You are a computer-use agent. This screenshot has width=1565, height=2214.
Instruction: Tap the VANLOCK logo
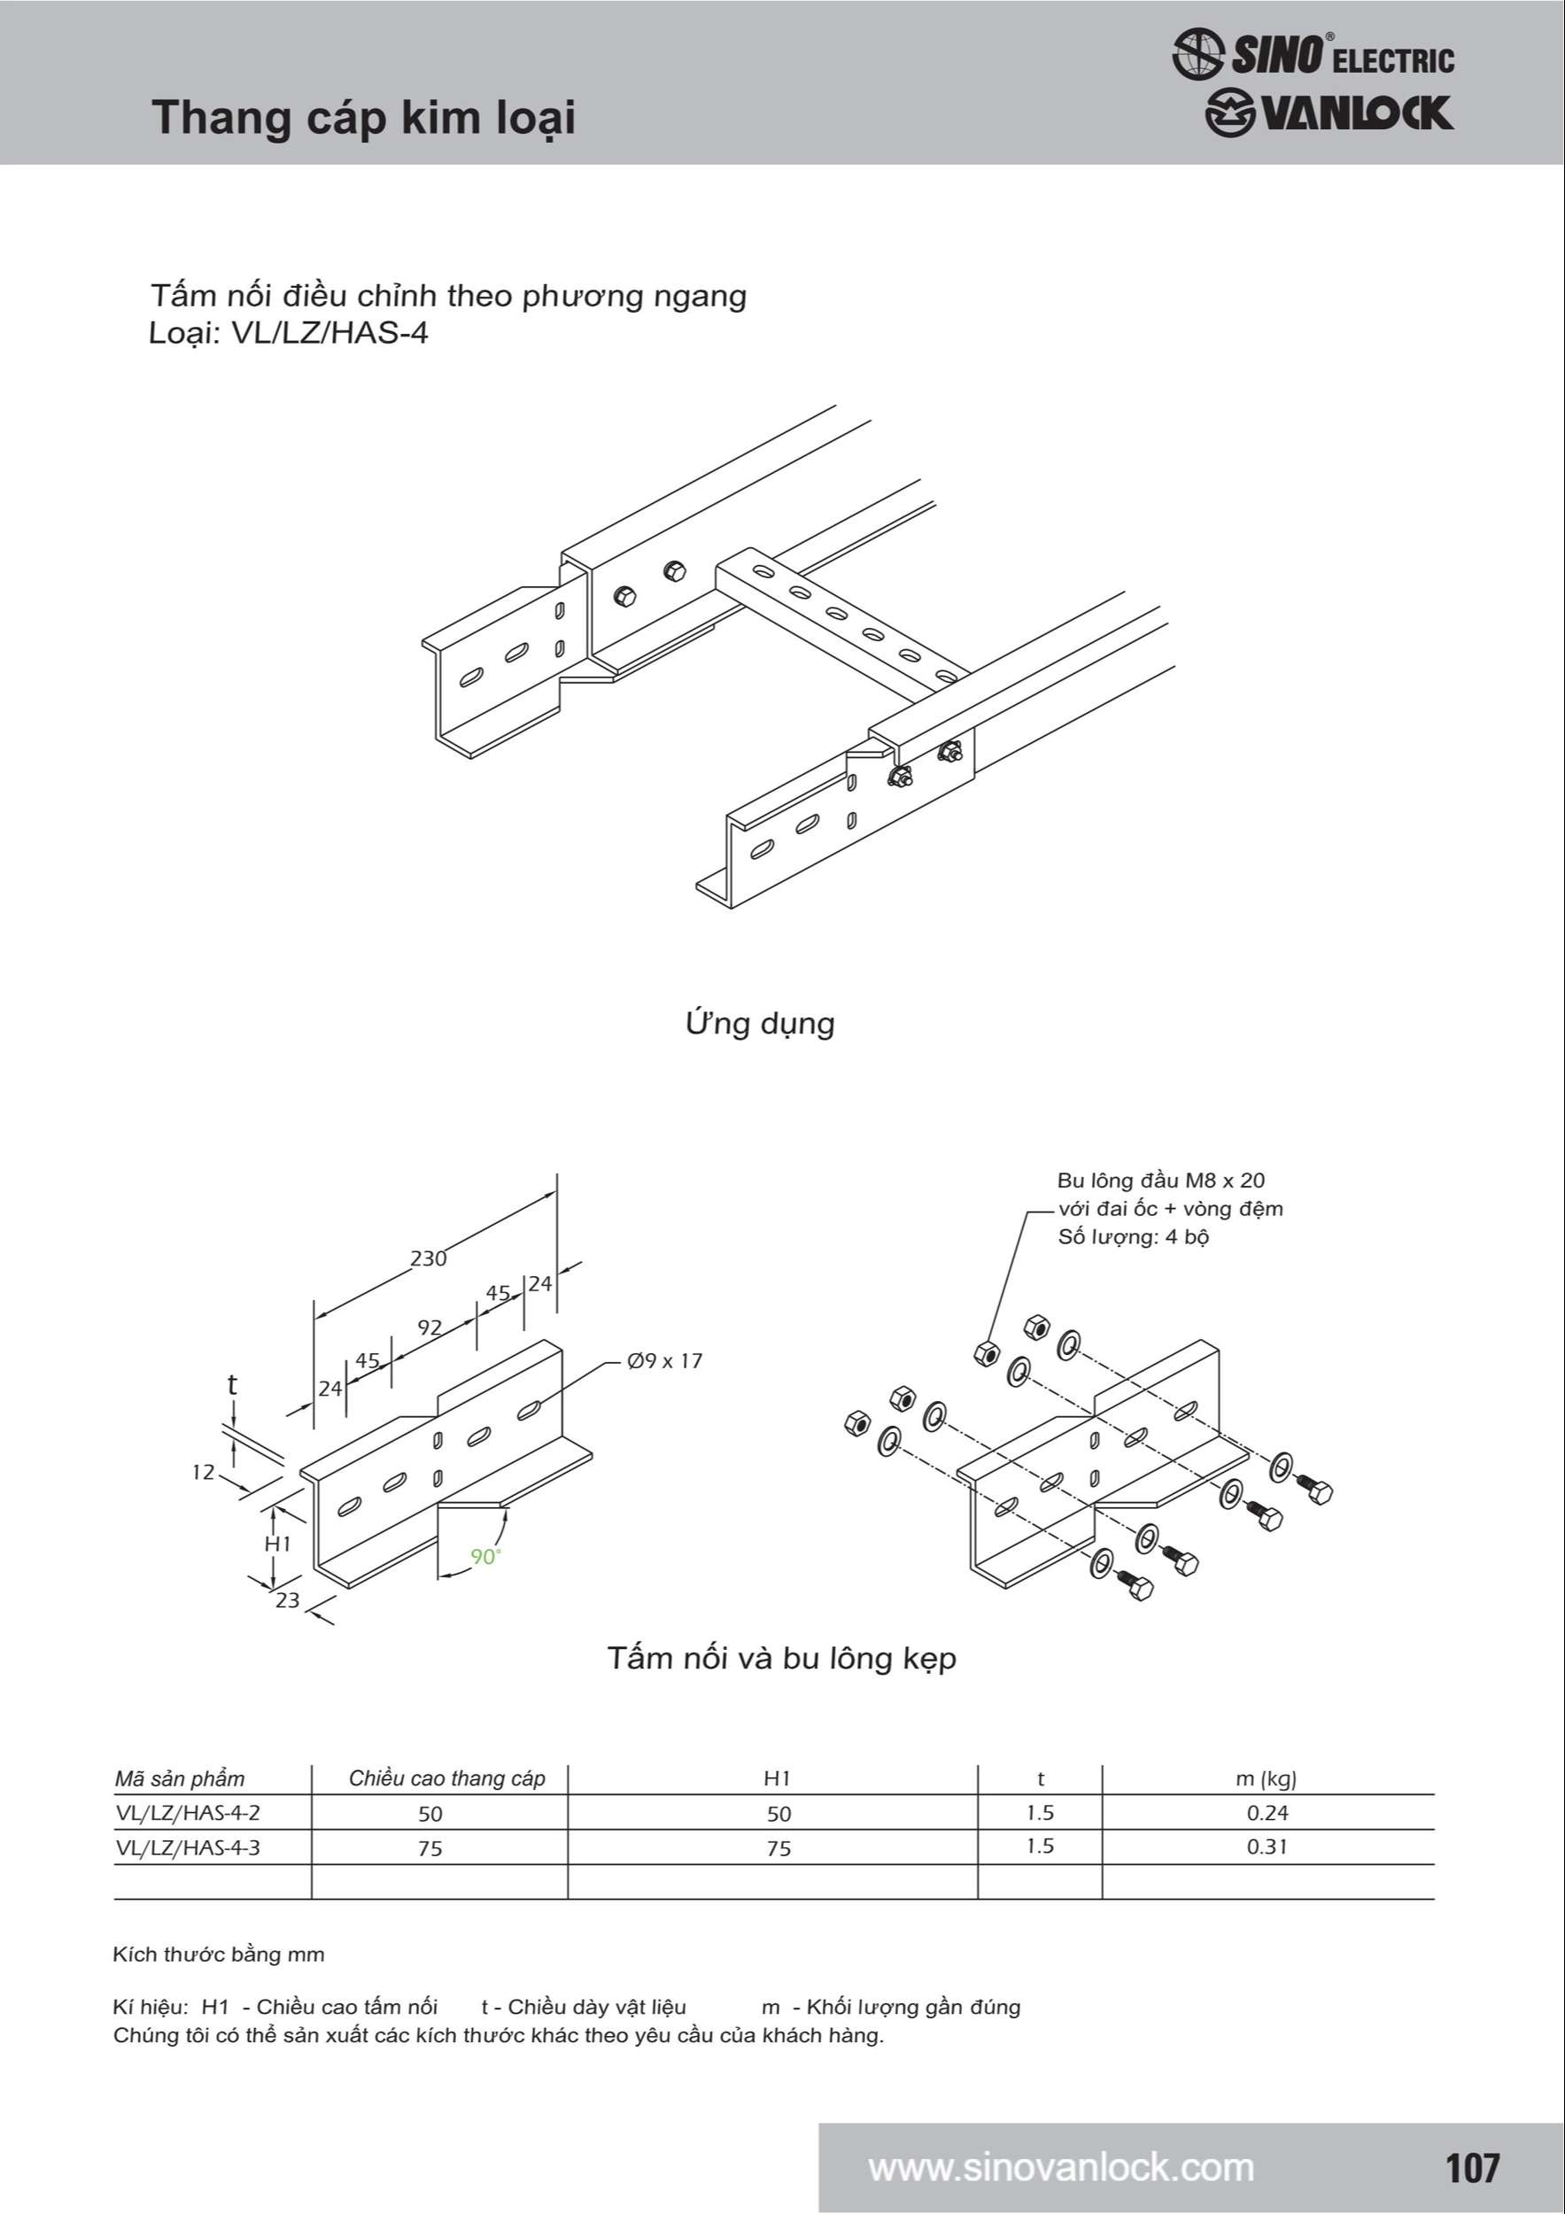[x=1329, y=112]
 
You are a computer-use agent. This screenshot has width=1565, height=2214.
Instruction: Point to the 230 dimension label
[x=428, y=1258]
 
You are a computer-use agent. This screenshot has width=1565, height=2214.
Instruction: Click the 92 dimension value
[x=429, y=1328]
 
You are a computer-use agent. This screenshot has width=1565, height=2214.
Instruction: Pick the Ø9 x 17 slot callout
[x=664, y=1360]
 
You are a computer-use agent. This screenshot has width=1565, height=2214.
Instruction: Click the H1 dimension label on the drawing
[x=278, y=1544]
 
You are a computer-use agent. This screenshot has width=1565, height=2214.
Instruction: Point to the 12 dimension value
[x=203, y=1473]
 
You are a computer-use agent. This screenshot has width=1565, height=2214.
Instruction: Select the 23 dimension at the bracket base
[x=287, y=1599]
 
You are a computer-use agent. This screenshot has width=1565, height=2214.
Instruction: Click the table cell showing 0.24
[x=1267, y=1813]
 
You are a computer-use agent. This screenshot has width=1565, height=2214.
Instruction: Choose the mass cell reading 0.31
[x=1267, y=1846]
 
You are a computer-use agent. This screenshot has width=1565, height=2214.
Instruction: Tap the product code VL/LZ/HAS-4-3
[x=188, y=1847]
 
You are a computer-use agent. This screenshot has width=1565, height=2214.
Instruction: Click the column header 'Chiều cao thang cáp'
[x=446, y=1779]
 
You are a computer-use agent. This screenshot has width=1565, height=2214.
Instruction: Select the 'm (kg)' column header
[x=1266, y=1779]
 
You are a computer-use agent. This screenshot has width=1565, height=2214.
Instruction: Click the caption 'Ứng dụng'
[x=760, y=1023]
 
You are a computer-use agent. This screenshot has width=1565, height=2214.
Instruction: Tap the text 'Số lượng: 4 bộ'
[x=1133, y=1237]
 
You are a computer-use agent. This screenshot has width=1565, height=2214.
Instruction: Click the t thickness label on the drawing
[x=231, y=1385]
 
